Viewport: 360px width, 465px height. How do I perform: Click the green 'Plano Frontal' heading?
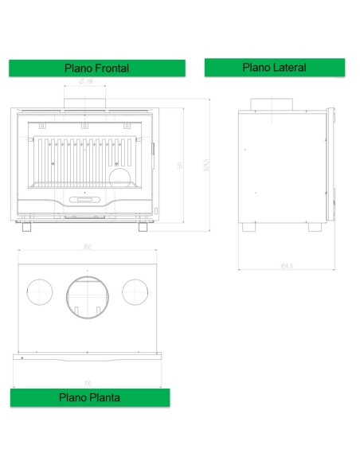[96, 68]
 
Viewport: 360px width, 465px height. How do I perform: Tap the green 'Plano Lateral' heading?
[274, 68]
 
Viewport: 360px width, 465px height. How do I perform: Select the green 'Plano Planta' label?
[89, 397]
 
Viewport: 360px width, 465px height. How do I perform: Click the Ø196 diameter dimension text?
[87, 82]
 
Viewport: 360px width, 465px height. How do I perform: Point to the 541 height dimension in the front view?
[181, 166]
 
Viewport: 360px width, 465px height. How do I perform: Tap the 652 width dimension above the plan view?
[87, 247]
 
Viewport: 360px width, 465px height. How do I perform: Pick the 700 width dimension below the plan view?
[87, 383]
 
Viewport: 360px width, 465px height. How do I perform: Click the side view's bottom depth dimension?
[284, 264]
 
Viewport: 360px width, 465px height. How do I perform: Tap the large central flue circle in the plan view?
[87, 295]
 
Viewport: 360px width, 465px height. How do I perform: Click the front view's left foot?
[27, 227]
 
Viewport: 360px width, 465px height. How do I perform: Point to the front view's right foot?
[143, 227]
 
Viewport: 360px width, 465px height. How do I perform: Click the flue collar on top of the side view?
[273, 104]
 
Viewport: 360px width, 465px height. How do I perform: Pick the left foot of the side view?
[250, 226]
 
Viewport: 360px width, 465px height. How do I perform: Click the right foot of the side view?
[315, 226]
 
